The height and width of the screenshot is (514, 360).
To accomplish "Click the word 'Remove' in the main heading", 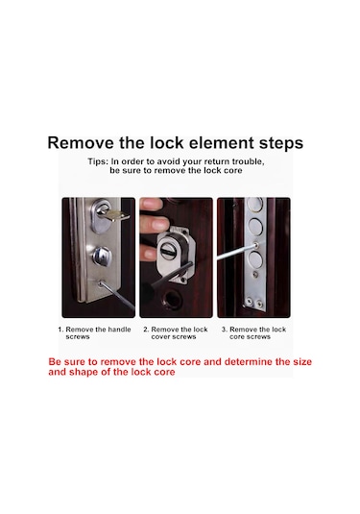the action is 81,143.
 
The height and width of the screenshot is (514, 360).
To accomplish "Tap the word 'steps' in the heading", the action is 281,144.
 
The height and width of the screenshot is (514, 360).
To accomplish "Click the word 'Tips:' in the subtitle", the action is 98,161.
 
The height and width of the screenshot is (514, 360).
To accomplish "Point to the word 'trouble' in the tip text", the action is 248,162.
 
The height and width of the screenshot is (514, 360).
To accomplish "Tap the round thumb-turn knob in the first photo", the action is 101,256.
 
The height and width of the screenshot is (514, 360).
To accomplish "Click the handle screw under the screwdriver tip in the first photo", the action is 100,282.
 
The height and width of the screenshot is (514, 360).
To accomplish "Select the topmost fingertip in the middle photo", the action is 152,204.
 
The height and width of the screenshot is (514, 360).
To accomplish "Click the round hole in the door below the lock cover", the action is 171,298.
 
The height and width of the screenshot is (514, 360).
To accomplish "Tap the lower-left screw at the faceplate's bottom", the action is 250,301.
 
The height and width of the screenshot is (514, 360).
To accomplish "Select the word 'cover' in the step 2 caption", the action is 161,337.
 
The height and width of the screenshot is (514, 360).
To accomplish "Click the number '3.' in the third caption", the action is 224,330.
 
